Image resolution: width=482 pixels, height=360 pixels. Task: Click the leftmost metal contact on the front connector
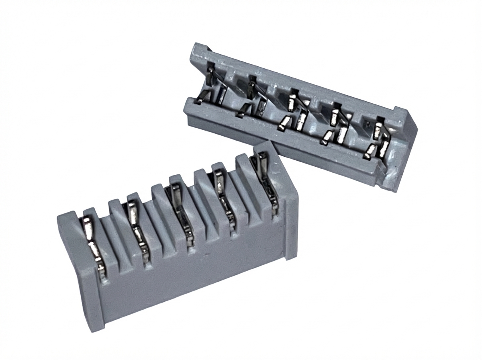(x=95, y=245)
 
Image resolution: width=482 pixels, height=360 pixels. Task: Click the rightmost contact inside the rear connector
(x=380, y=139)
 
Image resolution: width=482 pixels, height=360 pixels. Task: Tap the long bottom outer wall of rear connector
(x=281, y=149)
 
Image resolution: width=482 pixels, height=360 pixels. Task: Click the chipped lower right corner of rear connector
(x=392, y=181)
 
